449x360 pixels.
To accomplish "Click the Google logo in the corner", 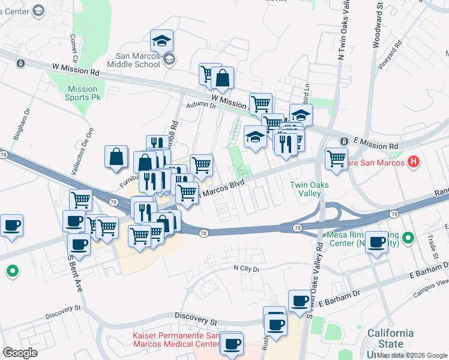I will (20, 353).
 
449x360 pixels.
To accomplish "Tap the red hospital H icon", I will (413, 161).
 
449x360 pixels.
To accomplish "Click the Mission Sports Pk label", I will (82, 93).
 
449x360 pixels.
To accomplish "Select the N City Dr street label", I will (247, 269).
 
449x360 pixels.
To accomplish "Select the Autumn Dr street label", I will (200, 105).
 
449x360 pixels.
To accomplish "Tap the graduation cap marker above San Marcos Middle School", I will (161, 41).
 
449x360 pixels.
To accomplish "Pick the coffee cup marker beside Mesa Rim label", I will (376, 242).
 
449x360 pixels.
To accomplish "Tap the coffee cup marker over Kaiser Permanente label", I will (231, 344).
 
